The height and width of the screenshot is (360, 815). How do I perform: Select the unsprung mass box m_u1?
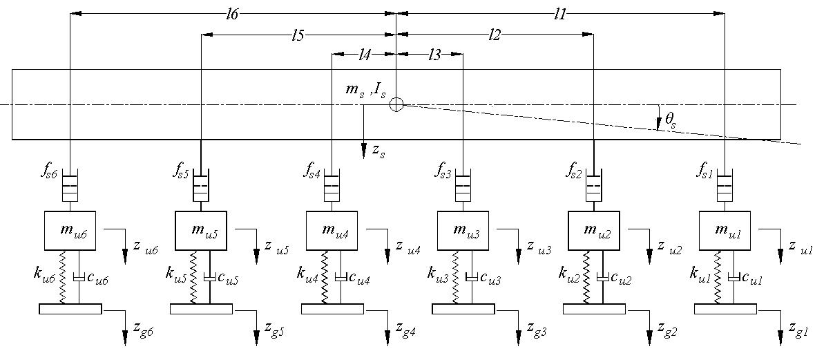click(x=725, y=231)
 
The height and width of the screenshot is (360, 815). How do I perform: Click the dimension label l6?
click(x=233, y=15)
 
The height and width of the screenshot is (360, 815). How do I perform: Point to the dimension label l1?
click(x=559, y=15)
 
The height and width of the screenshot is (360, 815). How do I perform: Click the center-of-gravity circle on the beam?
click(x=396, y=104)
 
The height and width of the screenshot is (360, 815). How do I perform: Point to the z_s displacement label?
click(x=378, y=151)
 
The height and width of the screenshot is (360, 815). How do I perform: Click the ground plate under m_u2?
click(x=593, y=309)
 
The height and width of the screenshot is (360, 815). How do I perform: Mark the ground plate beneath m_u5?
click(x=200, y=309)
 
